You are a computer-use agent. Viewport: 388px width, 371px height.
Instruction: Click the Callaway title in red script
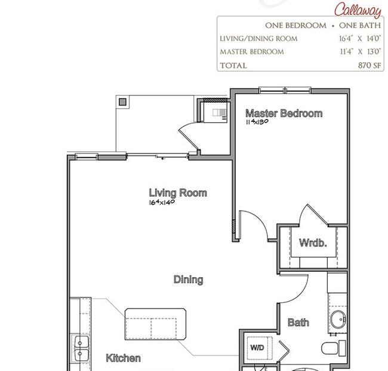(x=358, y=10)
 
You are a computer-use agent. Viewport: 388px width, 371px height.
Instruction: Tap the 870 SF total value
(x=369, y=65)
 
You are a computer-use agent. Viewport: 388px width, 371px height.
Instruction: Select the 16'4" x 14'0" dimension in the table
(x=360, y=39)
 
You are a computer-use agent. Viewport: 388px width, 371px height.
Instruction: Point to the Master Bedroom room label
(x=284, y=114)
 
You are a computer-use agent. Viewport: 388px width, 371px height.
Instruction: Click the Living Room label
(x=178, y=193)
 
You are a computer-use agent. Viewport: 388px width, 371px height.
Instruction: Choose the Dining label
(x=188, y=280)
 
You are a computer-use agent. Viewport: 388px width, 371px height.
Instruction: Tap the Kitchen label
(x=123, y=358)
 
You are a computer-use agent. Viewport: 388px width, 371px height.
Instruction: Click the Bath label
(x=298, y=323)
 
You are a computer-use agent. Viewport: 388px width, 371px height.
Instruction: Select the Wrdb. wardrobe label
(x=313, y=243)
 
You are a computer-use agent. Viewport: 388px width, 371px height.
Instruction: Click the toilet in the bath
(x=333, y=348)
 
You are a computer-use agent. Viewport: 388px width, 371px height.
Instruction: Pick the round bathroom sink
(x=338, y=319)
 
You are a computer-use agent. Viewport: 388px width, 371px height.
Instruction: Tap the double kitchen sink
(x=80, y=348)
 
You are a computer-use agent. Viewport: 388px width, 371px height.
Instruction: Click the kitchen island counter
(x=155, y=324)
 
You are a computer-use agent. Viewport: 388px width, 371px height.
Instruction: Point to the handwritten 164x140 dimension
(x=162, y=202)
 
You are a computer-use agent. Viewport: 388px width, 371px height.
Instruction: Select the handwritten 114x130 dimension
(x=257, y=122)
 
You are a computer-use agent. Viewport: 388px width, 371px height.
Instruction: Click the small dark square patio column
(x=122, y=102)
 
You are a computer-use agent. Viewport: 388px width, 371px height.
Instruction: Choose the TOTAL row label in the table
(x=233, y=66)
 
